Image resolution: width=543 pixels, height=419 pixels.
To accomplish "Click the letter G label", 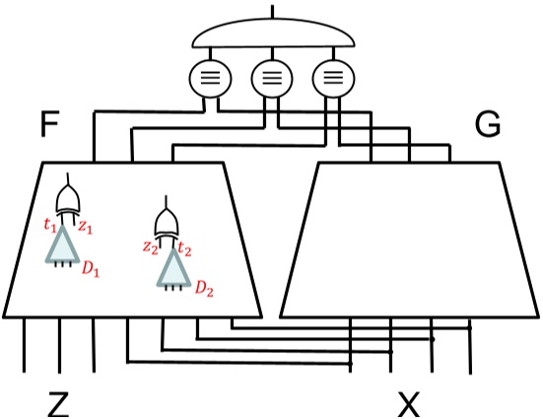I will [487, 125].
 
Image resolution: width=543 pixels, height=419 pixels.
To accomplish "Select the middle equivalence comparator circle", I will [271, 75].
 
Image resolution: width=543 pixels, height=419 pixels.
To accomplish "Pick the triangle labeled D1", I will [66, 244].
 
